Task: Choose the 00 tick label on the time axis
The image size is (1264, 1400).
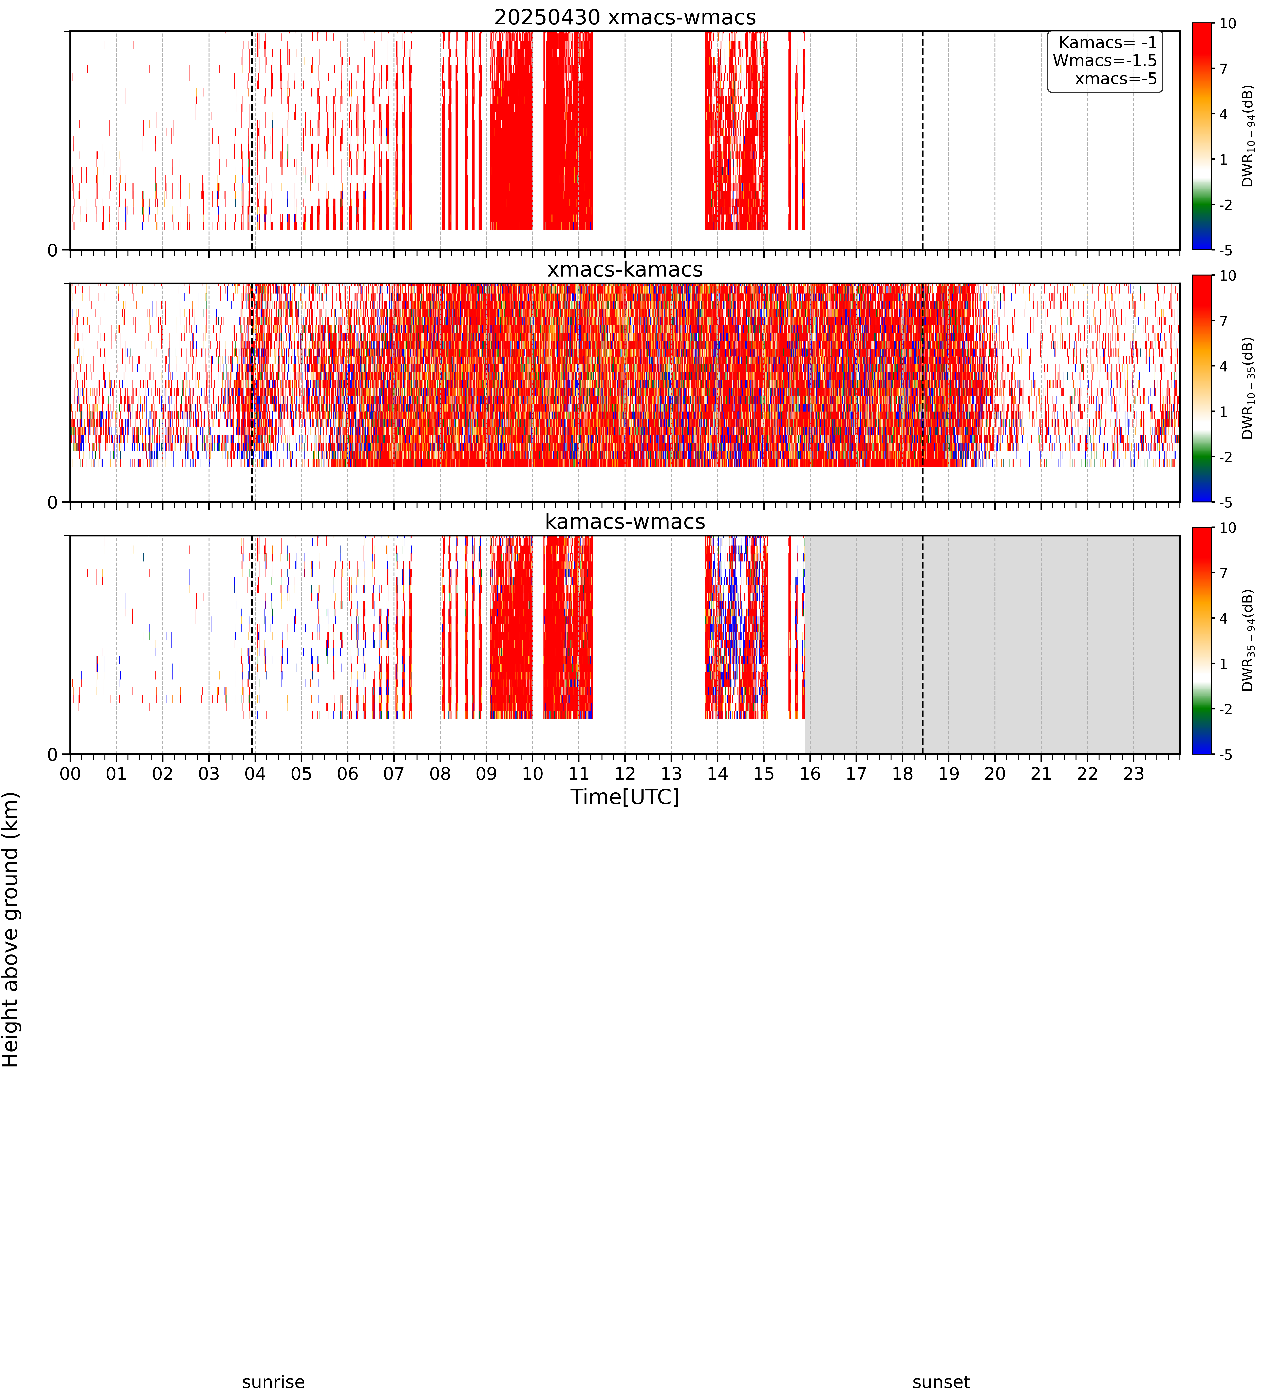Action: pos(70,774)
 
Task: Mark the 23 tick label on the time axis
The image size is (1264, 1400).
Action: pos(1134,774)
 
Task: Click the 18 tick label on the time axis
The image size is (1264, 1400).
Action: pos(902,774)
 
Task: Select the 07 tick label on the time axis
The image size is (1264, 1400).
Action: pos(394,774)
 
